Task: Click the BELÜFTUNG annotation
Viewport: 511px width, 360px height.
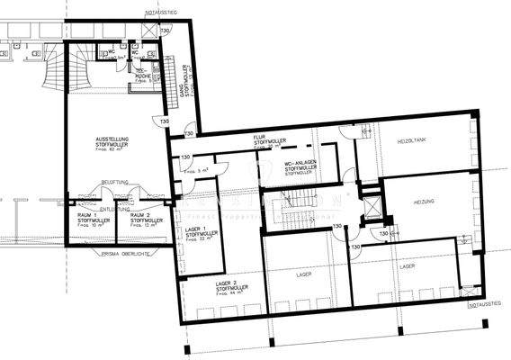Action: click(x=114, y=182)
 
